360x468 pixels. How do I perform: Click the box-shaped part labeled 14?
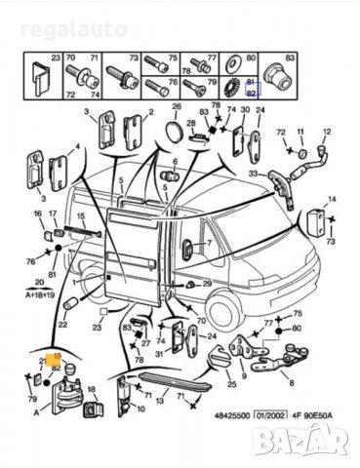click(317, 221)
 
